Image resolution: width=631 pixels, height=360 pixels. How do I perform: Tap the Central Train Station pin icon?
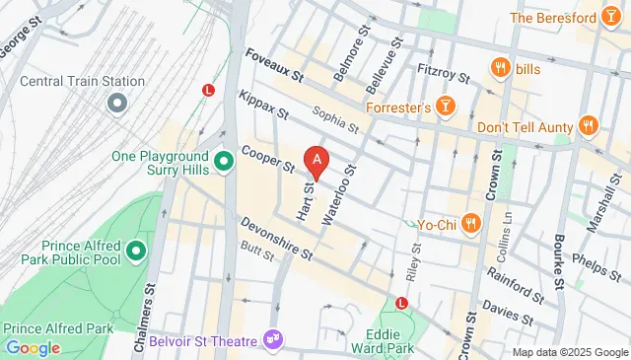pos(117,102)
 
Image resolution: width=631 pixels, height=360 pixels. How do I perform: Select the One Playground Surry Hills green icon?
pos(224,158)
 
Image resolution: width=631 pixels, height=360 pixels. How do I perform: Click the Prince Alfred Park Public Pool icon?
pos(136,252)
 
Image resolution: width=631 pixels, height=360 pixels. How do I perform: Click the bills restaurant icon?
pos(500,68)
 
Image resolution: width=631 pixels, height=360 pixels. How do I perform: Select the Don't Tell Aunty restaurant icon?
pos(589,124)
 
